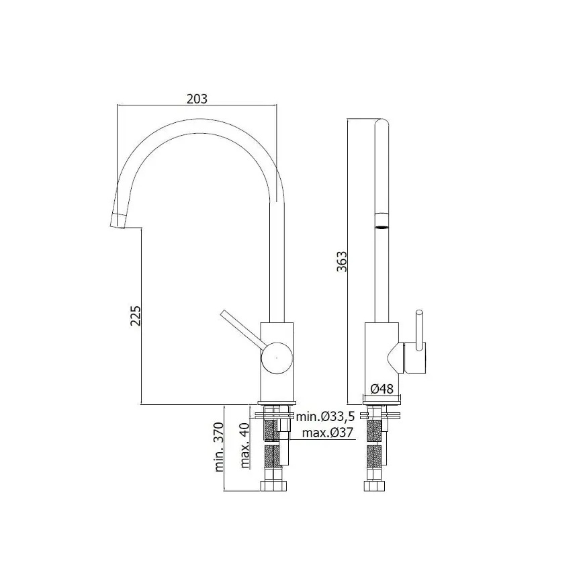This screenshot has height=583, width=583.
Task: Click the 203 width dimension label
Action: pos(196,98)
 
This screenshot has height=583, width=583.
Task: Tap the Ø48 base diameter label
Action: pos(382,389)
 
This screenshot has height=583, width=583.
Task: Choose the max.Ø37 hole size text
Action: pos(328,433)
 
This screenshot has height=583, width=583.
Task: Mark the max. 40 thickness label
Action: pos(245,445)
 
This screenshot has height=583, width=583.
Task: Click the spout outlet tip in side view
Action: pos(116,220)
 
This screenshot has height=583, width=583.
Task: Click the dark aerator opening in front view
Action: pos(381,226)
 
